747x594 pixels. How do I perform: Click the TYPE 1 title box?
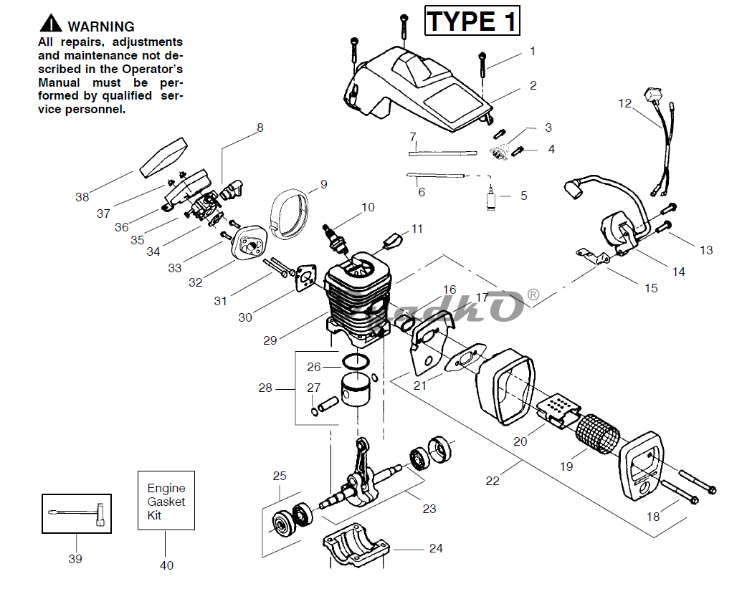point(471,21)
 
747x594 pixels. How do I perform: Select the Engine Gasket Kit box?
point(166,499)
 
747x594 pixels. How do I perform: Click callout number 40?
point(166,565)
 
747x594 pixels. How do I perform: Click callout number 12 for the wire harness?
point(625,104)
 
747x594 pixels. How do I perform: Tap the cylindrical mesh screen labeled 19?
point(599,432)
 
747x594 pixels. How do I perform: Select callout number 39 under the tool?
point(75,558)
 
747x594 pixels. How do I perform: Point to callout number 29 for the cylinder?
point(270,340)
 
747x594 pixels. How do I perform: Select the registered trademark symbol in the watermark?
point(533,294)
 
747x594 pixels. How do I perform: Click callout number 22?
point(493,481)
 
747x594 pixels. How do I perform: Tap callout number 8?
point(260,128)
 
